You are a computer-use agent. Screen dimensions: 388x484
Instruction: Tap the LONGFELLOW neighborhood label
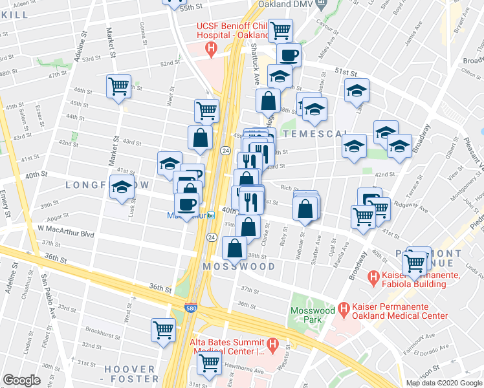107,186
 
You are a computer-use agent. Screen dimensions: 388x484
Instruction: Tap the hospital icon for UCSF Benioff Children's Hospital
210,48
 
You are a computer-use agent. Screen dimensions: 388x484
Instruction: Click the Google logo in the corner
22,380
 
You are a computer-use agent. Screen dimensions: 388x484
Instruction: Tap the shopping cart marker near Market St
119,85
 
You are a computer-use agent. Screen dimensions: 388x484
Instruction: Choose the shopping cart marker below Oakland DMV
280,29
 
